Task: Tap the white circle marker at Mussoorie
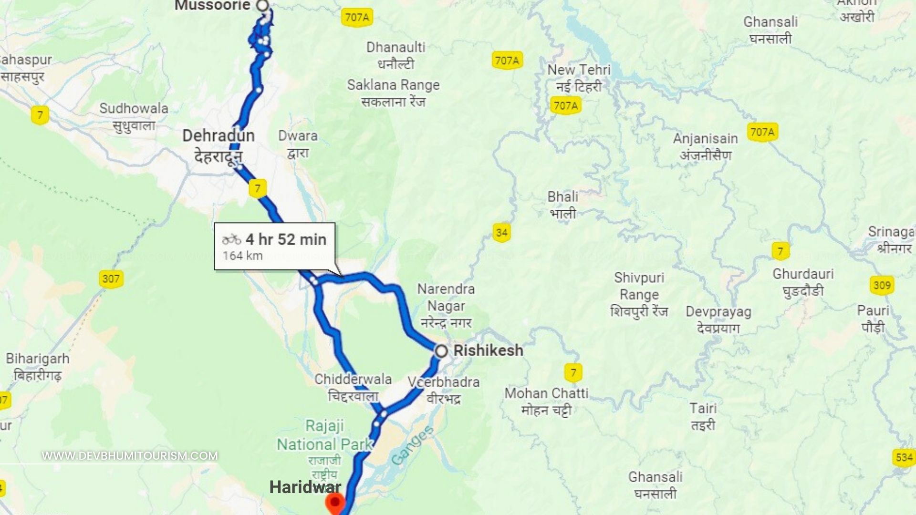(263, 5)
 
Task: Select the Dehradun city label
(219, 136)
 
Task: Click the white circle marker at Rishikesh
(441, 351)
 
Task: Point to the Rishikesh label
(488, 350)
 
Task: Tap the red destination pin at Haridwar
(335, 502)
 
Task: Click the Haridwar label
(305, 487)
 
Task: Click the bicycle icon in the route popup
(231, 239)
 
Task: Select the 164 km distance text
(242, 256)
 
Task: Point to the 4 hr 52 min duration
(286, 239)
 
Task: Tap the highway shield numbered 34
(501, 233)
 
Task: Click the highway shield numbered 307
(111, 278)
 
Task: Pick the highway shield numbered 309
(882, 285)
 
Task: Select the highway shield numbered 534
(904, 458)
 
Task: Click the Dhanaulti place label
(396, 48)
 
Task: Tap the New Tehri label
(579, 70)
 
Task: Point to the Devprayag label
(718, 312)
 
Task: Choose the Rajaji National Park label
(324, 435)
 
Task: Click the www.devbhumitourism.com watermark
(130, 456)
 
